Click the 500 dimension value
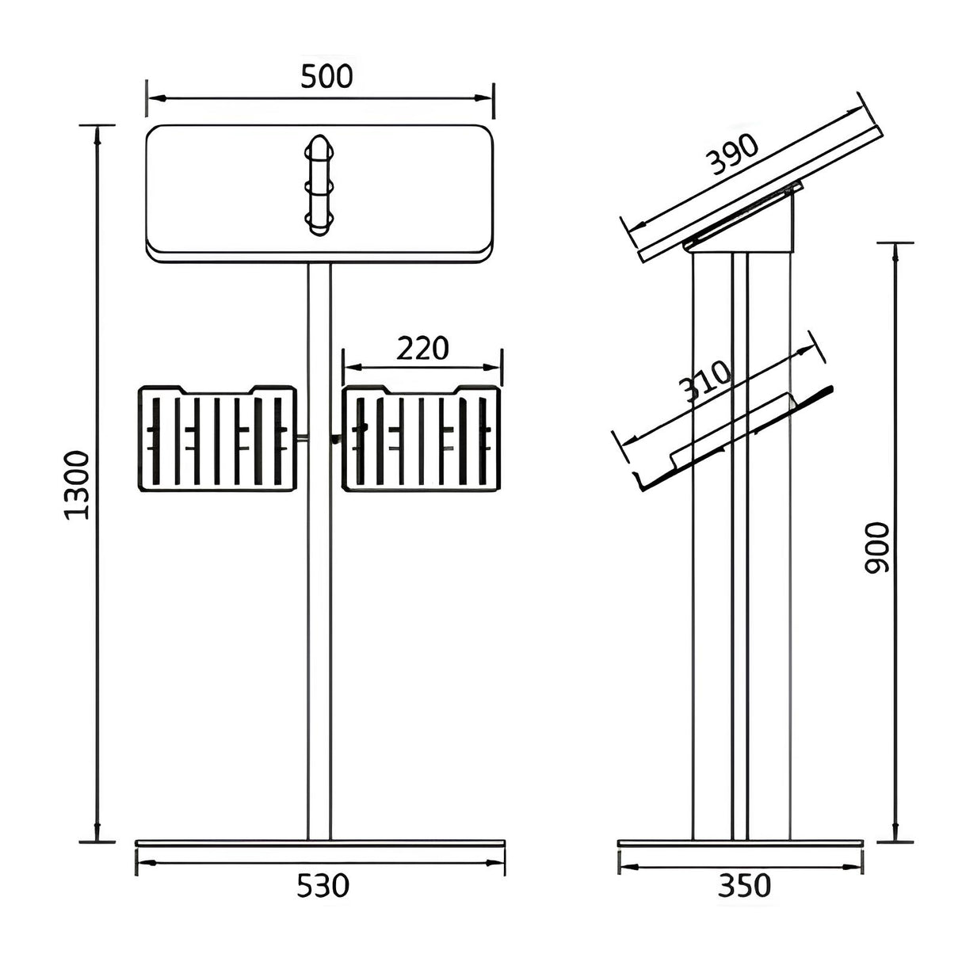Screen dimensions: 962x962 [326, 76]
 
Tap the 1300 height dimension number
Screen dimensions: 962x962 [77, 485]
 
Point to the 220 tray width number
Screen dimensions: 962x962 [423, 348]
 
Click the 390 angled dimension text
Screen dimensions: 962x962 [731, 155]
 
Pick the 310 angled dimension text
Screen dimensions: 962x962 [704, 380]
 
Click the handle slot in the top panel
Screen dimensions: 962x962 [319, 185]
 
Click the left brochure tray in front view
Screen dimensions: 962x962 [218, 438]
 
